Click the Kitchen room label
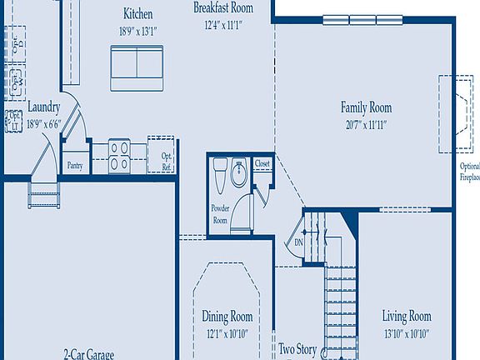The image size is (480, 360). click(x=137, y=14)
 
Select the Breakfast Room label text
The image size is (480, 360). click(x=222, y=7)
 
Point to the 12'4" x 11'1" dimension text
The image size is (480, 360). click(x=222, y=25)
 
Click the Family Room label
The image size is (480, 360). click(x=365, y=107)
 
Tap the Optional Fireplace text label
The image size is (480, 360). click(x=470, y=172)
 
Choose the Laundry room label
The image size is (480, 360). click(x=42, y=107)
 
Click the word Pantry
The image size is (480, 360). click(x=76, y=165)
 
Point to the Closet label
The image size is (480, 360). click(x=262, y=164)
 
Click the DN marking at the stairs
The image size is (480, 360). click(x=298, y=242)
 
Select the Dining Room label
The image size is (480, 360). click(x=227, y=317)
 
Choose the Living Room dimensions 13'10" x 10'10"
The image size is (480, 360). click(x=406, y=332)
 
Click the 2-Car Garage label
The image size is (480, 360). click(x=88, y=354)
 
